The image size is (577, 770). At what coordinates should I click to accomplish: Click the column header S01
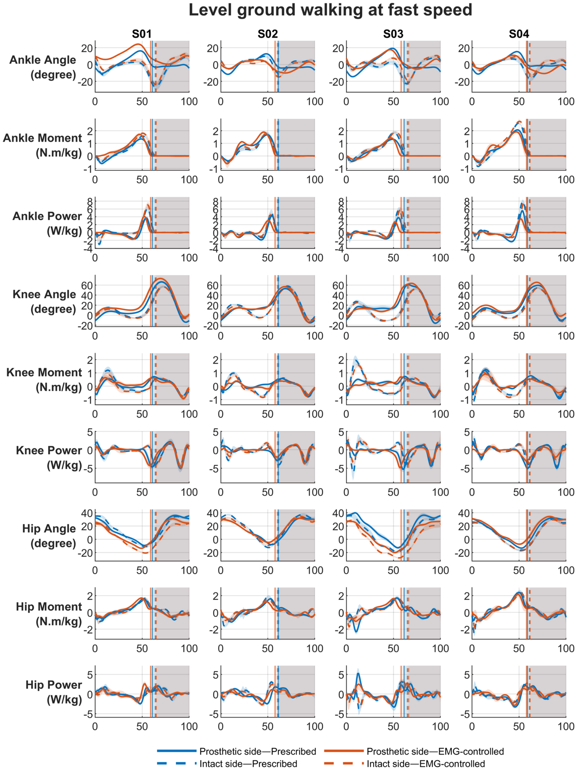click(142, 34)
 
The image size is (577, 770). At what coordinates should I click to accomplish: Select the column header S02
click(268, 34)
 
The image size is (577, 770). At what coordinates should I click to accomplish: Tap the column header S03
click(393, 34)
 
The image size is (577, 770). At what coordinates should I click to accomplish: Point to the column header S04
click(519, 34)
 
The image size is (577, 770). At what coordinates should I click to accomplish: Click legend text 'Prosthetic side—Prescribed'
click(258, 751)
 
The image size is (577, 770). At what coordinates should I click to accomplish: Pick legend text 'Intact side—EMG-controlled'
click(426, 763)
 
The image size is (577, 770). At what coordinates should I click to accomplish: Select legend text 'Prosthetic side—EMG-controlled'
click(435, 751)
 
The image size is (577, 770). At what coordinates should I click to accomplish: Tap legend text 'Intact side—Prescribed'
click(248, 763)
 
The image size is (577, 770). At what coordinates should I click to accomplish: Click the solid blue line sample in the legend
click(177, 751)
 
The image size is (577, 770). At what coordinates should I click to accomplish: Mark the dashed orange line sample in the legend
click(344, 763)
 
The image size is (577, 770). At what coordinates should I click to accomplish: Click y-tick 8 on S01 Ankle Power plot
click(90, 201)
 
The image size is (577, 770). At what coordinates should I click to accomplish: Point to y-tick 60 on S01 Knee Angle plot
click(87, 285)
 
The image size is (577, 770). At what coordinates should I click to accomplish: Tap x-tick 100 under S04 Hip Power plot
click(566, 726)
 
